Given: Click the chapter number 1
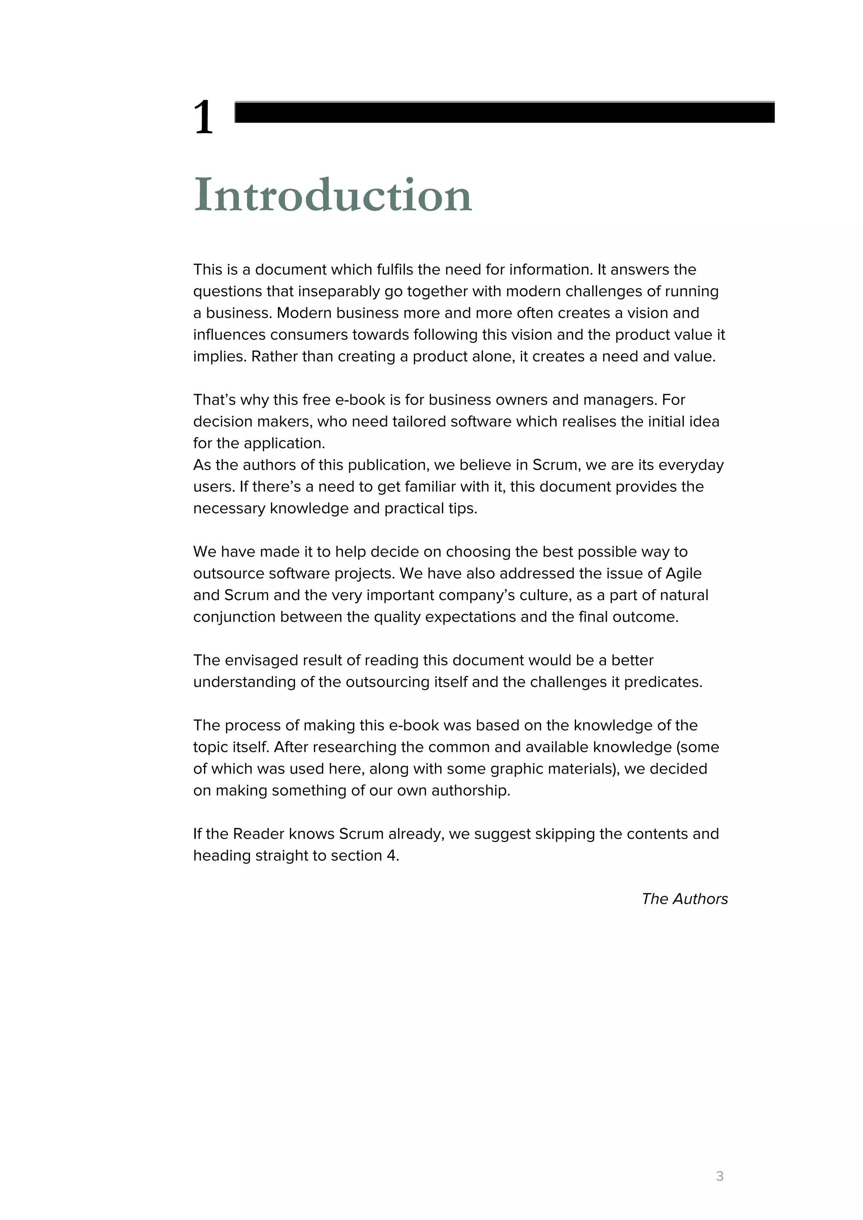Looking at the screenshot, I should pyautogui.click(x=204, y=118).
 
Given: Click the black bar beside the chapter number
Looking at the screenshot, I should pyautogui.click(x=504, y=112).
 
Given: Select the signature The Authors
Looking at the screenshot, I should pyautogui.click(x=684, y=898).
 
